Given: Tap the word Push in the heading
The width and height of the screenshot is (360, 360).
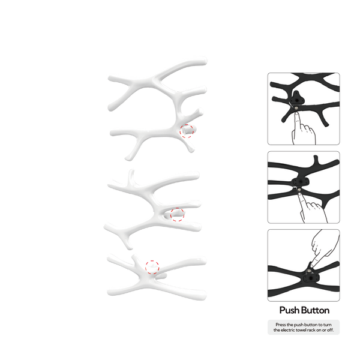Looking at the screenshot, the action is point(288,310).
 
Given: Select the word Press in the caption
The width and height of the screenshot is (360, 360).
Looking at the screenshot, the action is point(281,325).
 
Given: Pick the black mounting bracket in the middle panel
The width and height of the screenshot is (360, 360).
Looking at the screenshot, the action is point(301,182).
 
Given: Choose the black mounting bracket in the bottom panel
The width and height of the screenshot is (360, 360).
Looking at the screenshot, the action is point(311,278).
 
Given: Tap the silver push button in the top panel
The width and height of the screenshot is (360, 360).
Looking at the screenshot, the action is point(296,107).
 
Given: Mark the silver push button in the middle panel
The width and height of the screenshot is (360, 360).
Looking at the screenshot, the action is point(299,190).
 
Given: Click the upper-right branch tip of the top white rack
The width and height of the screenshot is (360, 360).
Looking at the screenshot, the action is point(205,61).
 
